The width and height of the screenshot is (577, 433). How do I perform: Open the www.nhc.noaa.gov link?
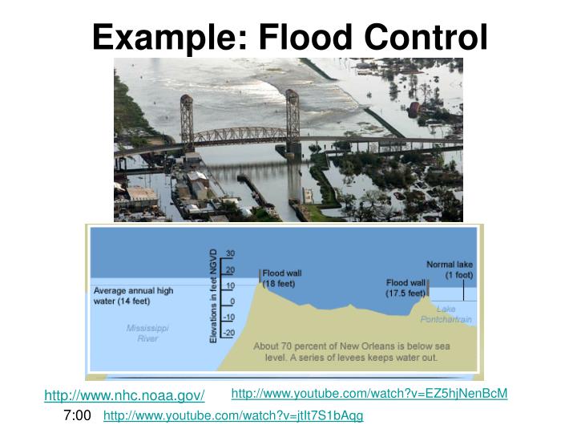pos(124,395)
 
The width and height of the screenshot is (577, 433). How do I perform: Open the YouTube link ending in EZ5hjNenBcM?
pos(369,393)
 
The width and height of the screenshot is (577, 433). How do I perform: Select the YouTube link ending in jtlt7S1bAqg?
pos(233,415)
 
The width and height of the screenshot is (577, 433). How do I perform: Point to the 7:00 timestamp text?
pos(77,415)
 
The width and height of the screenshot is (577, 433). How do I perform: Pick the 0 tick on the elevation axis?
pos(232,301)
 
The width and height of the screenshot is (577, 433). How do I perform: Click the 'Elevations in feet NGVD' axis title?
pos(213,295)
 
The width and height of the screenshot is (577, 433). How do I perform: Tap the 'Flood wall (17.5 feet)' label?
pos(406,288)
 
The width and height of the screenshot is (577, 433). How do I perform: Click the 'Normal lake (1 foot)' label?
pos(450,269)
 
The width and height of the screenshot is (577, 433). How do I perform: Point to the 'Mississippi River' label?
pos(147,333)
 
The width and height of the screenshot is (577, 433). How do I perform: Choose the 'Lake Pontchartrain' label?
pos(446,314)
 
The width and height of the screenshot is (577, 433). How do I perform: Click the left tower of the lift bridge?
pos(187,120)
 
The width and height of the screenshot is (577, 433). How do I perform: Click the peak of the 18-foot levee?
pos(260,284)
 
